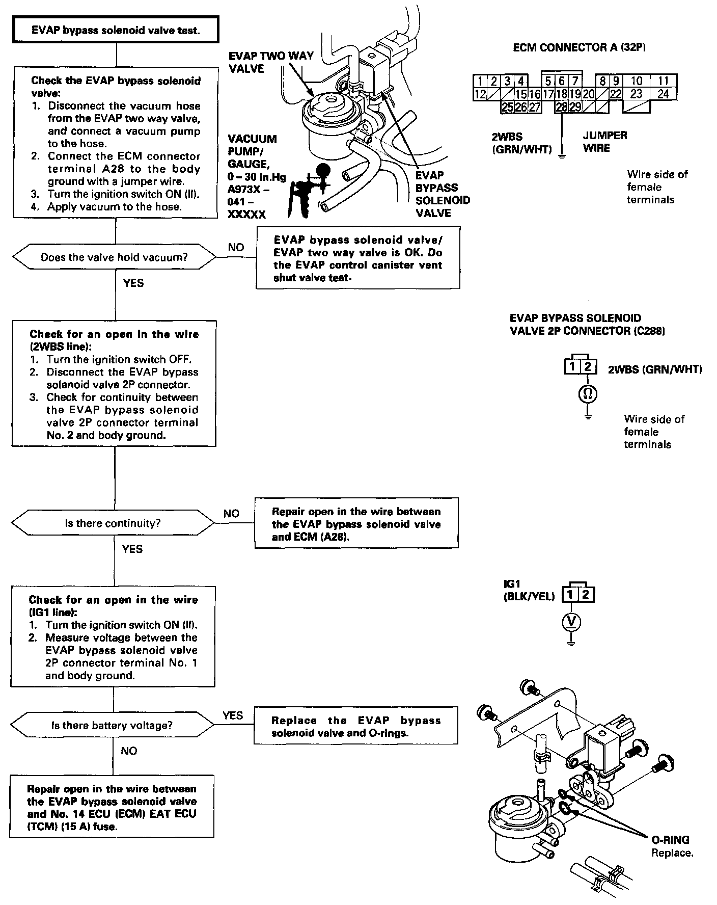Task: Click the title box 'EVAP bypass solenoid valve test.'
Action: coord(117,30)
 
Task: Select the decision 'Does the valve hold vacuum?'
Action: coord(115,257)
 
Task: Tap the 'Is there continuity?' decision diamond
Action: coord(113,523)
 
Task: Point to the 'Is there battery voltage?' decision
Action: coord(112,725)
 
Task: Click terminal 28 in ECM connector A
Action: coord(562,107)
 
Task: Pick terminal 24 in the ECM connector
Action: coord(663,94)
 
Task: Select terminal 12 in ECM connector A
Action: coord(480,94)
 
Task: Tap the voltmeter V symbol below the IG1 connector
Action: coord(572,621)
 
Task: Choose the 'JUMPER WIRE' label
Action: coord(605,142)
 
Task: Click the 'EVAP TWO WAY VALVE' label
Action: coord(271,62)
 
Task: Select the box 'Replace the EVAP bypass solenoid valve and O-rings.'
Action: coord(355,726)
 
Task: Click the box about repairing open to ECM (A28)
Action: coord(356,524)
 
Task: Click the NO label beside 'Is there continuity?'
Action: coord(231,514)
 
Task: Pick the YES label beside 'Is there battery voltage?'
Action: coord(233,715)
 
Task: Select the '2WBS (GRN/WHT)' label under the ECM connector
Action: coord(521,143)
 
